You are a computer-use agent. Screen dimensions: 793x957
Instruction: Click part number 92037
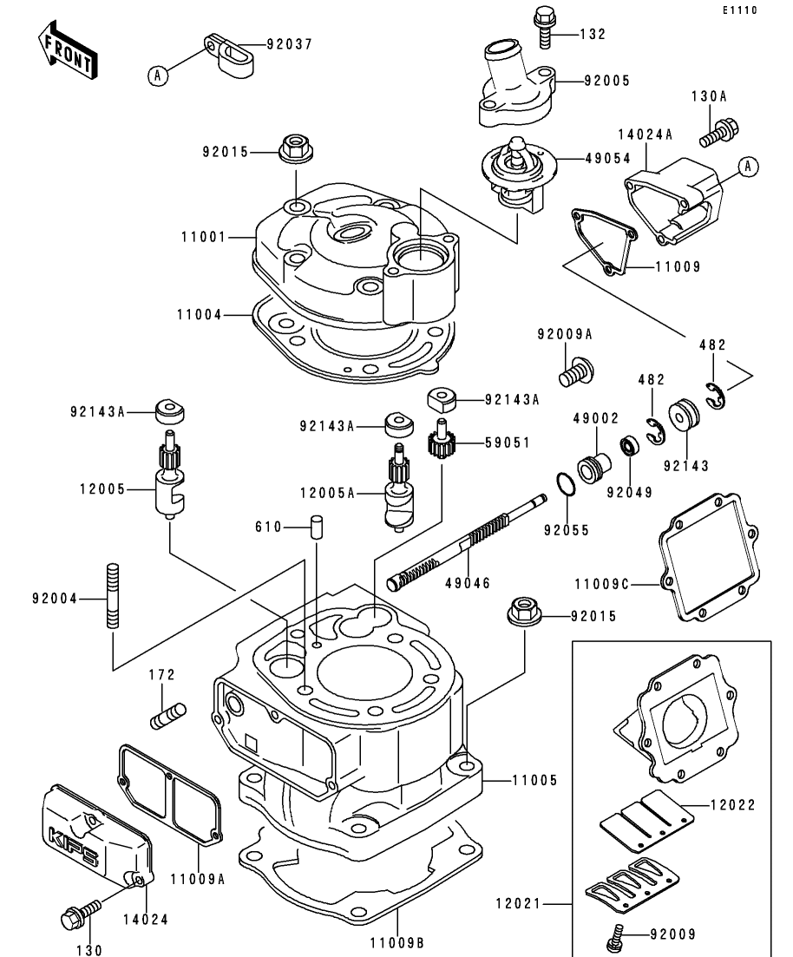[290, 44]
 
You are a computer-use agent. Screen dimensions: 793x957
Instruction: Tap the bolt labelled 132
[543, 27]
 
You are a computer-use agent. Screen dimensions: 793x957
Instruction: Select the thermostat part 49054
[514, 174]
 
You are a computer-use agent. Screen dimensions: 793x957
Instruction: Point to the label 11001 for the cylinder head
[204, 237]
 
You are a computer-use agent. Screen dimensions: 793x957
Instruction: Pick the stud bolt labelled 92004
[113, 596]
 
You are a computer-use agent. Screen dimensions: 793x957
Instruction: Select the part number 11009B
[396, 943]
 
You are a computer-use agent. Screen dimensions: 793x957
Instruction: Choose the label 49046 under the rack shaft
[468, 583]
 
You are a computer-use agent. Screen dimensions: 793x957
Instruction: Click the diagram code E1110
[740, 10]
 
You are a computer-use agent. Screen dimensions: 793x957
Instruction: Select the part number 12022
[732, 805]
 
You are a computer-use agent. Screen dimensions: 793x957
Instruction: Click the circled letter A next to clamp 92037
[158, 75]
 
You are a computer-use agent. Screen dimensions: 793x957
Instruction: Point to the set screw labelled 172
[167, 715]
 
